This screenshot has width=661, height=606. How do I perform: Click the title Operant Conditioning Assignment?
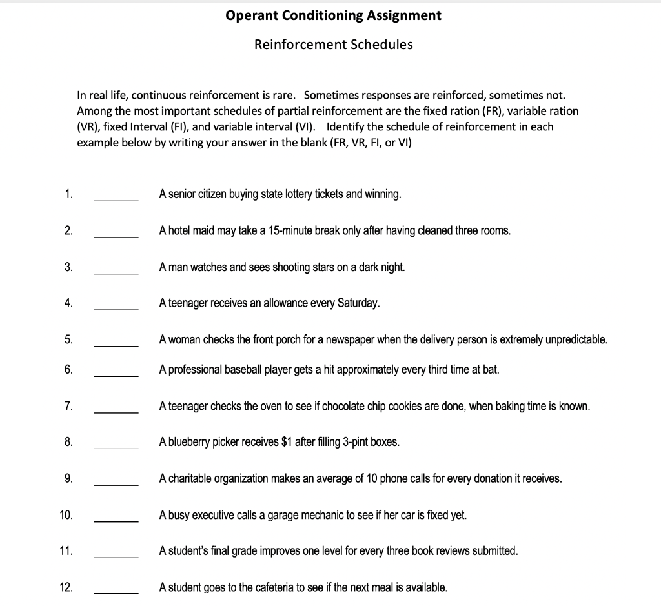pos(334,15)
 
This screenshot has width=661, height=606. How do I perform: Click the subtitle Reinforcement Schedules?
pos(334,45)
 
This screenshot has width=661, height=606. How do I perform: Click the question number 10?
pos(66,515)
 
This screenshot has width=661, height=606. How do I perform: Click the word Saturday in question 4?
pos(358,303)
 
